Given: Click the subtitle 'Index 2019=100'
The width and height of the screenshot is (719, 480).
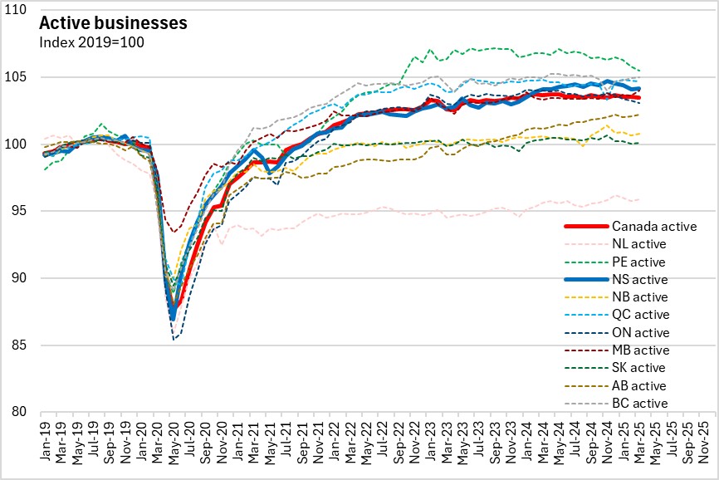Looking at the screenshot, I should pos(91,42).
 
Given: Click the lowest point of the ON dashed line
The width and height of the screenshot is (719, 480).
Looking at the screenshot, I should pos(174,339).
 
